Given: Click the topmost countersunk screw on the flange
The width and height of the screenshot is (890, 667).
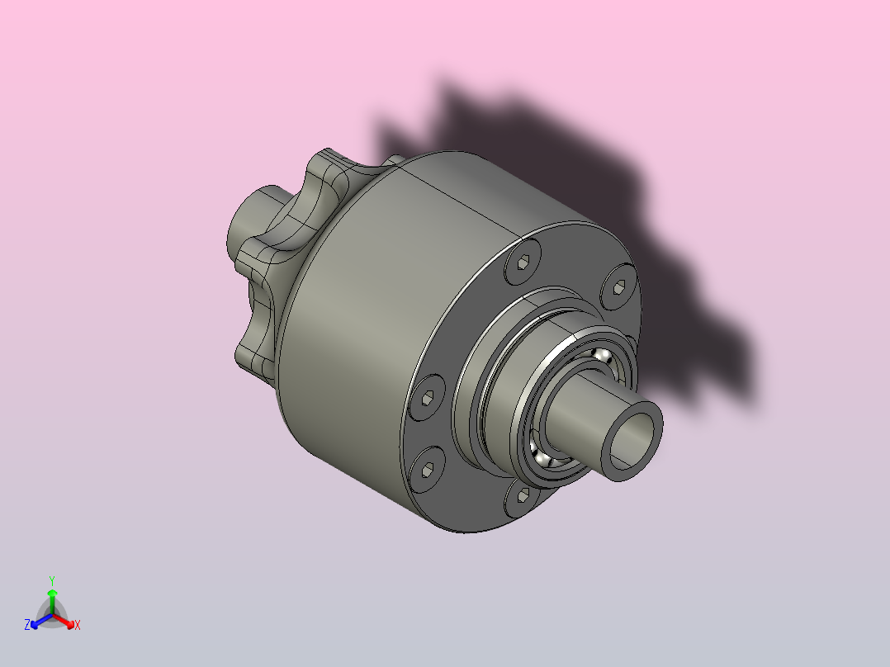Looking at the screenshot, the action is coord(523,261).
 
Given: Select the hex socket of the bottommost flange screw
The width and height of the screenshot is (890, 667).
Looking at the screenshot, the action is coord(523,495).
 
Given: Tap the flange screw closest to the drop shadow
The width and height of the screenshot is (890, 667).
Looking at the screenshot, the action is coord(618,287).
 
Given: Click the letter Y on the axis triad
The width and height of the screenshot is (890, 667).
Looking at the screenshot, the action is coord(52,580).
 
